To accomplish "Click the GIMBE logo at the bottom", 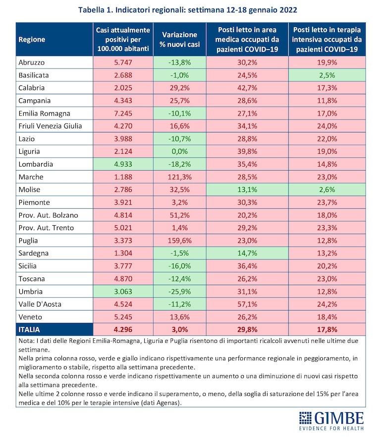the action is point(331,421).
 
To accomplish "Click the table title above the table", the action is point(188,10).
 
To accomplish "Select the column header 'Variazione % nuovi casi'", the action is point(179,39).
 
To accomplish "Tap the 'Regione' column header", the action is point(32,39).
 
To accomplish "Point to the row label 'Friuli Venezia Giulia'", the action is point(50,126).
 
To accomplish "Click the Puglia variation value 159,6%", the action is point(180,241).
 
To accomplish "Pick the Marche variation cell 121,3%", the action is point(180,177).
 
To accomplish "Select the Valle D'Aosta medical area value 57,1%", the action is point(247,304).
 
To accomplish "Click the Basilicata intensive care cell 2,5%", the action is point(327,75).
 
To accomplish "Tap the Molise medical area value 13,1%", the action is point(247,190).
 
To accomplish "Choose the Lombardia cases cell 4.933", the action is point(123,164).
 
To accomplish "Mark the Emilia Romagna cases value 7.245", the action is point(123,114).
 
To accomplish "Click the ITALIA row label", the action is point(29,329).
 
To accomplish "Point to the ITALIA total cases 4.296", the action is point(123,329).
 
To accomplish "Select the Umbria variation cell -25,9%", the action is point(180,291).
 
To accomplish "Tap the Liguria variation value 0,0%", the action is point(180,151).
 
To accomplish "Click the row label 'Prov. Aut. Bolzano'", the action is point(49,215).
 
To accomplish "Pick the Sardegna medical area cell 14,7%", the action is point(247,253).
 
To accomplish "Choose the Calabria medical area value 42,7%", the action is point(247,88).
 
